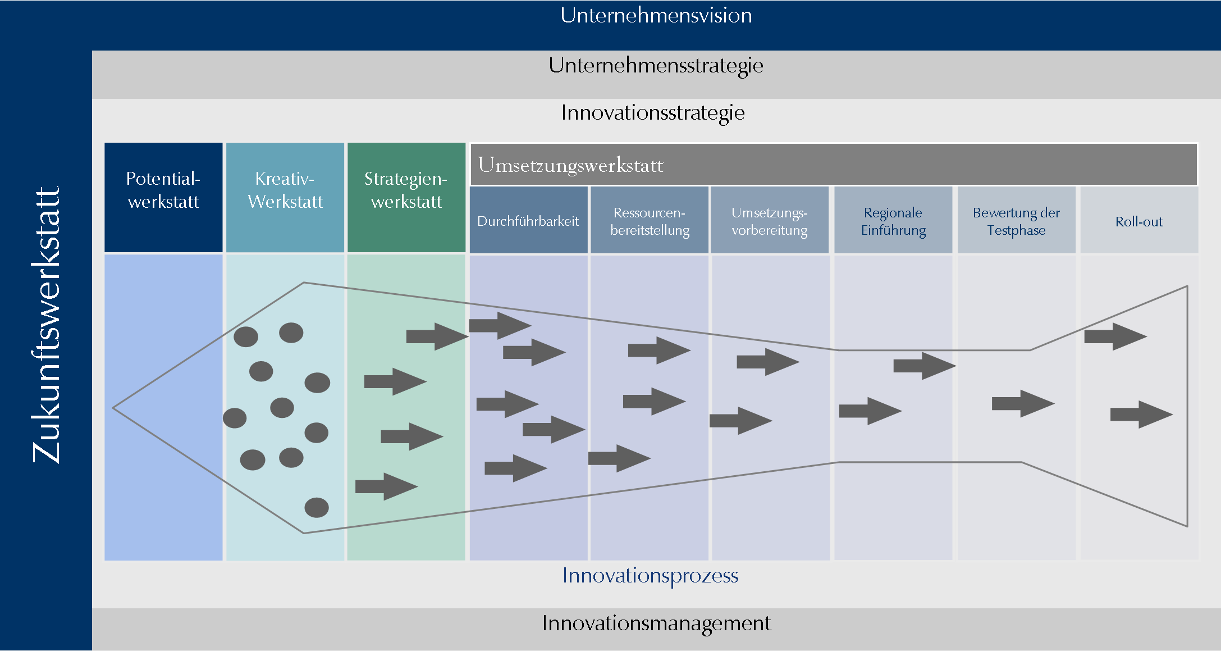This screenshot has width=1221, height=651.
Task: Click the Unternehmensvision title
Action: [x=656, y=16]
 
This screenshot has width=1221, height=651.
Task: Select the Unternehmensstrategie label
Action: [x=656, y=66]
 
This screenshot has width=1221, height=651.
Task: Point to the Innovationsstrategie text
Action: [x=653, y=113]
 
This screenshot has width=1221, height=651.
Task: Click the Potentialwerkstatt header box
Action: [x=163, y=197]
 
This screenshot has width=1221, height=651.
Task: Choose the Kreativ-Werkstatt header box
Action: [x=285, y=197]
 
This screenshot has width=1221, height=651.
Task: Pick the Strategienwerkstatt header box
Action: [x=406, y=197]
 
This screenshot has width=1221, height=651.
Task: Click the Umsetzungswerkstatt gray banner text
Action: [x=570, y=165]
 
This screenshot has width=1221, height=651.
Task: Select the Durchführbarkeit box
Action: [x=528, y=221]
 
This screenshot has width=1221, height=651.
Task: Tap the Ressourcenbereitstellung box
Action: [x=650, y=221]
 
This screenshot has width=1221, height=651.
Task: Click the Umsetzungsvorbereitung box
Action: [x=770, y=221]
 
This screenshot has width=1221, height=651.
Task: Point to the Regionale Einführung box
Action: [x=893, y=221]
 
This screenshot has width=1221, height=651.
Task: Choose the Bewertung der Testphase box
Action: [x=1016, y=221]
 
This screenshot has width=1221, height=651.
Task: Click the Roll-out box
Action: [x=1139, y=221]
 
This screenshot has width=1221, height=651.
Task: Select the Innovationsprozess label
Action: [x=650, y=576]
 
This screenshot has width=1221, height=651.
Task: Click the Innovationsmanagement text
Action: [x=656, y=623]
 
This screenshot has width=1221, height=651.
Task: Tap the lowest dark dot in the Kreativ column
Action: [x=317, y=508]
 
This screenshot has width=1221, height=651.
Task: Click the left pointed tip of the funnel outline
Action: [x=114, y=408]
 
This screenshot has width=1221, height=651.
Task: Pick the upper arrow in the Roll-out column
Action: [x=1115, y=336]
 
